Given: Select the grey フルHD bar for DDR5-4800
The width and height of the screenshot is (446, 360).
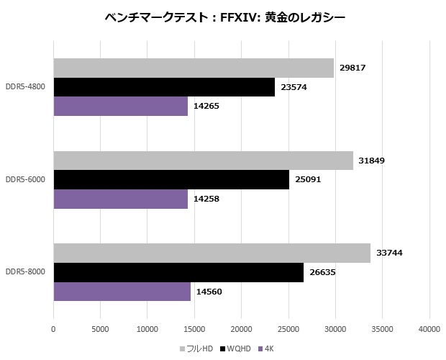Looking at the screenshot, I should coord(193,68).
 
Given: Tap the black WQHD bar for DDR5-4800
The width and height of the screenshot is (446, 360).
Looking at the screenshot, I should coord(164,87).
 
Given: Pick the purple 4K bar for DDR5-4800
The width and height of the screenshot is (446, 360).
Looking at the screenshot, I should coord(120,106).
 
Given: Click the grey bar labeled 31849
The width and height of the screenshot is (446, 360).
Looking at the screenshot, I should coord(203,161).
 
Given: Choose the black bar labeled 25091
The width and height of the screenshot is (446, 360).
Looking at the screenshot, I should coord(171,179).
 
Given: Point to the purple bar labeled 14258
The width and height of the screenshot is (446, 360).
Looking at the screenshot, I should coord(120,198).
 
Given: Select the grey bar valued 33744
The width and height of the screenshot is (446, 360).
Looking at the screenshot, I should coord(211,253).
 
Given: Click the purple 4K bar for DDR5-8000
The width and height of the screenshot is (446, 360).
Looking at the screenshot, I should coord(122,291).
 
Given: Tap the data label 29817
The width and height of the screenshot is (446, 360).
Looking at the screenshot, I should coord(352,68).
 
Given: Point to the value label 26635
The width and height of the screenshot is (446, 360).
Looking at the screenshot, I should coord(322,272).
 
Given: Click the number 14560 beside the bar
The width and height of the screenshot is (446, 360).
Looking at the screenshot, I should coord(209,291).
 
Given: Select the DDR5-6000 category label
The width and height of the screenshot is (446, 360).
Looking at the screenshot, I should coord(25,179).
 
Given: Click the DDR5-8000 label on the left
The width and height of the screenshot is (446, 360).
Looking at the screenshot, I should coord(25,272).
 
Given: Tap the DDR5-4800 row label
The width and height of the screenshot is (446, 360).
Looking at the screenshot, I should coord(25,87).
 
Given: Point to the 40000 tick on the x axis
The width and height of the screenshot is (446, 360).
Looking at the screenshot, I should coord(429,329).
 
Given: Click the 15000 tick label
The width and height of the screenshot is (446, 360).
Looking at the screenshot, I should coord(194,329).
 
